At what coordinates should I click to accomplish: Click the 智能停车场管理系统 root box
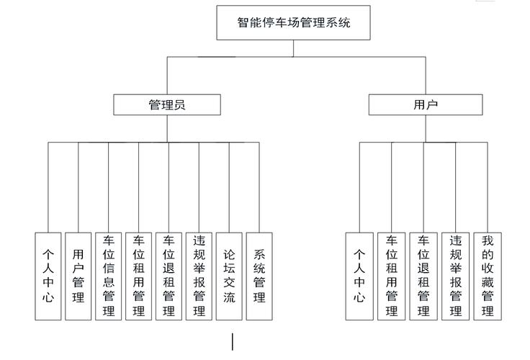(293, 22)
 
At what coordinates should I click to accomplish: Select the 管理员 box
(166, 105)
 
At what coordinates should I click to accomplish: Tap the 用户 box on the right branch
(426, 105)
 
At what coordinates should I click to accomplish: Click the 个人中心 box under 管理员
(48, 276)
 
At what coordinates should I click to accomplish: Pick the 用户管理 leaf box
(78, 276)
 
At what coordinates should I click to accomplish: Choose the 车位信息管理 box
(109, 276)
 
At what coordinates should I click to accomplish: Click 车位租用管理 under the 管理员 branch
(139, 276)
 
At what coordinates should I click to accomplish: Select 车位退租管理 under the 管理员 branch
(169, 276)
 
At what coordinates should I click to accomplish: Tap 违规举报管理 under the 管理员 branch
(199, 276)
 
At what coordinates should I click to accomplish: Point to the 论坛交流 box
(229, 276)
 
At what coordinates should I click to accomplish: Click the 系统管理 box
(259, 276)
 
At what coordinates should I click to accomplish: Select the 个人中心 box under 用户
(359, 276)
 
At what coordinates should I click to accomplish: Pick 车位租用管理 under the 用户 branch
(392, 276)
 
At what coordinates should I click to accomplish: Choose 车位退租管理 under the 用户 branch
(423, 276)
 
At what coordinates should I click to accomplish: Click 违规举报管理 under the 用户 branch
(455, 276)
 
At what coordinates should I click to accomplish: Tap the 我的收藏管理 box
(488, 276)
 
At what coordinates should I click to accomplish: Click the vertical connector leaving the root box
(293, 48)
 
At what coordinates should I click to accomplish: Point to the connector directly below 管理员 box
(167, 129)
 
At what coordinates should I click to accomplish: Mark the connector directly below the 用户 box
(426, 129)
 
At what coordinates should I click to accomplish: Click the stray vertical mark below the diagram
(232, 341)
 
